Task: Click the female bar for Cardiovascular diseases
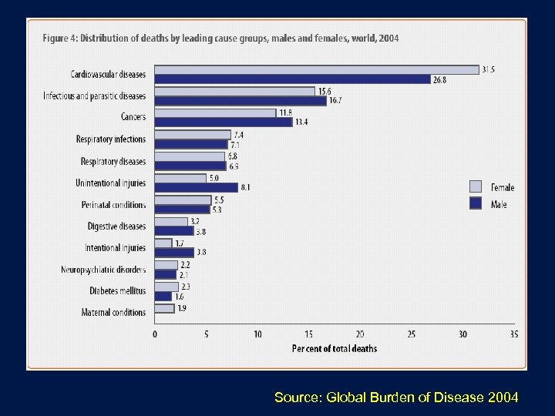[x=316, y=69]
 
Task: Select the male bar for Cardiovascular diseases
[x=293, y=79]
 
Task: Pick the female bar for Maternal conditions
[x=165, y=308]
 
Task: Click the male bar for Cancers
[x=224, y=122]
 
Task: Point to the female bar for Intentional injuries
[x=163, y=243]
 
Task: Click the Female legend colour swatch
[x=476, y=186]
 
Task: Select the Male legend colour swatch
[x=476, y=204]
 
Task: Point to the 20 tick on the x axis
[x=360, y=334]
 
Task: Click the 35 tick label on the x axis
[x=514, y=334]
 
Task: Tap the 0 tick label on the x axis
[x=155, y=334]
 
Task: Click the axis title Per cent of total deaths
[x=335, y=348]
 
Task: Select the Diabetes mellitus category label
[x=115, y=290]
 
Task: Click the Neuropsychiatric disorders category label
[x=103, y=270]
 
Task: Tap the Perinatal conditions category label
[x=113, y=205]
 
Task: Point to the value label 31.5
[x=489, y=69]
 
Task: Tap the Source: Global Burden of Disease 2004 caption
[x=396, y=397]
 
